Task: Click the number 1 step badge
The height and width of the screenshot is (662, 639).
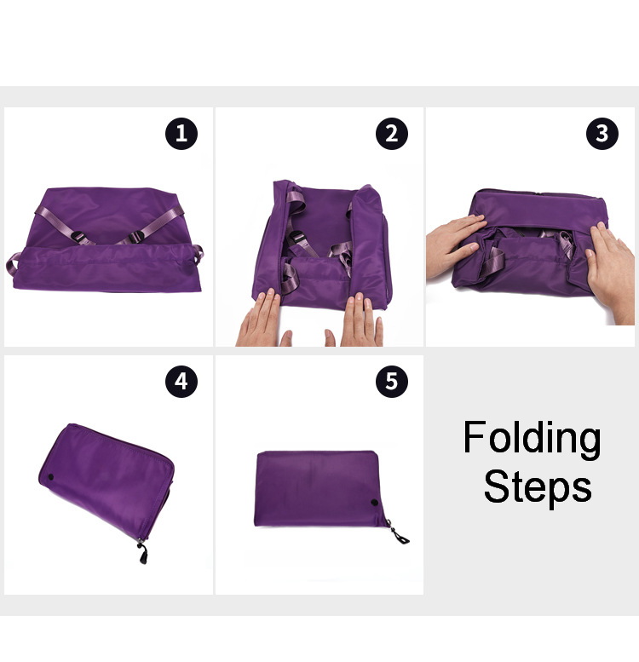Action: (181, 134)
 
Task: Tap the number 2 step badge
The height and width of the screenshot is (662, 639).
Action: (392, 134)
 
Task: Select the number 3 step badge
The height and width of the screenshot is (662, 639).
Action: (602, 134)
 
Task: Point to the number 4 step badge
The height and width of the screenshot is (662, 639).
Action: (181, 382)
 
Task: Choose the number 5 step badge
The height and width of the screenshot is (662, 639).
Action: (392, 382)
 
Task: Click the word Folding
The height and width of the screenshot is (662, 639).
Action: (532, 439)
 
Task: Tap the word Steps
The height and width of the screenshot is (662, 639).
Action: (538, 488)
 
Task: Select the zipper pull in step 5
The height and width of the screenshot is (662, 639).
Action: (398, 532)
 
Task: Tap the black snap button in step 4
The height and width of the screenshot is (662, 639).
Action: (50, 477)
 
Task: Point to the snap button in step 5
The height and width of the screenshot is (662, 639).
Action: (374, 503)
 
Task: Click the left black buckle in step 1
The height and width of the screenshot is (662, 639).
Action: (79, 238)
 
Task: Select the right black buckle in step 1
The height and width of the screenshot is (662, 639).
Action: (136, 238)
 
